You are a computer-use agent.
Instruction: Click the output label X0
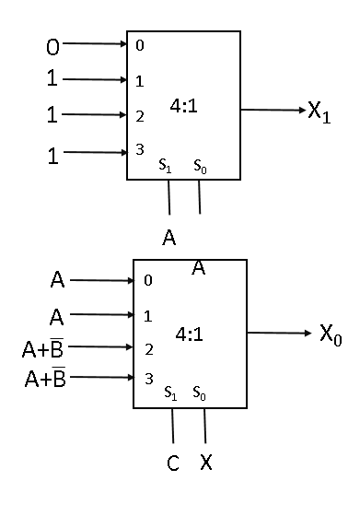[331, 334]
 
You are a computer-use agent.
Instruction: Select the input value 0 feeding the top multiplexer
[52, 43]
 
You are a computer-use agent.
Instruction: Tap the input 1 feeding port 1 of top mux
[52, 79]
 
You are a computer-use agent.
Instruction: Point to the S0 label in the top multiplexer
[199, 168]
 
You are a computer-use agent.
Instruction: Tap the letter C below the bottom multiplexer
[172, 463]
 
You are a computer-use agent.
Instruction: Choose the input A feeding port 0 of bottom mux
[56, 279]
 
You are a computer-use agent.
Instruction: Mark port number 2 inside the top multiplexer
[139, 117]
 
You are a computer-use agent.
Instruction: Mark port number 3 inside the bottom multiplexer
[147, 378]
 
